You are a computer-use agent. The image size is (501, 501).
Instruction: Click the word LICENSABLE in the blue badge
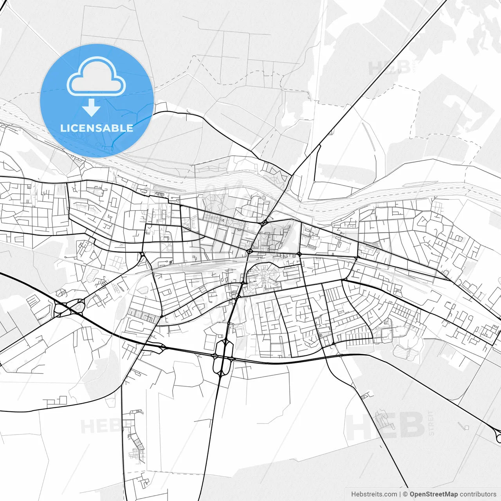click(97, 128)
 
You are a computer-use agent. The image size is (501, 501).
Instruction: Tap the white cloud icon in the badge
click(96, 76)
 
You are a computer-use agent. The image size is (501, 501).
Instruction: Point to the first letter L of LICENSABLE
click(63, 128)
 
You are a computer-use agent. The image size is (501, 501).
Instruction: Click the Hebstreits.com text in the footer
click(374, 494)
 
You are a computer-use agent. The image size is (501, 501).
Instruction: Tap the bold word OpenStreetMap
click(434, 494)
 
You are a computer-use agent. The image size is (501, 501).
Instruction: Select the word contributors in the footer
click(478, 494)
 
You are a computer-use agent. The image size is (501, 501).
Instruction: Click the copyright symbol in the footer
click(405, 494)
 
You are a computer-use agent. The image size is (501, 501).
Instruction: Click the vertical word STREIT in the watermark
click(431, 423)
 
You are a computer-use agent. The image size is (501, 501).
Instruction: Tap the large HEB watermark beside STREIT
click(386, 426)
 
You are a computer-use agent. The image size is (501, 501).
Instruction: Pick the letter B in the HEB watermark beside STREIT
click(411, 426)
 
